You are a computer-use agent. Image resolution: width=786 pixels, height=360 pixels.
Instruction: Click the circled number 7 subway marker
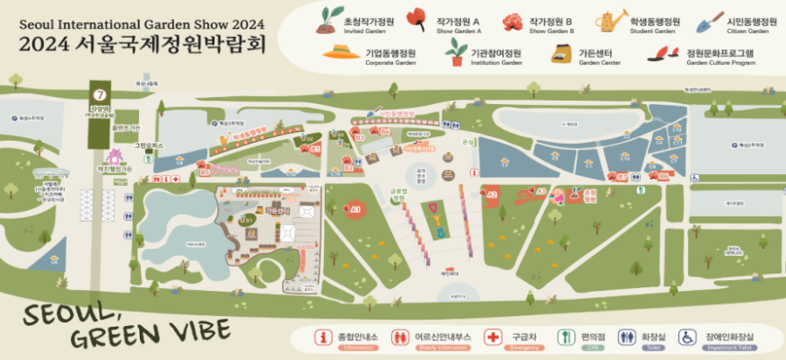[x=100, y=93]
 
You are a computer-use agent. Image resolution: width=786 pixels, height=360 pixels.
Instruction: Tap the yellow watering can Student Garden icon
[x=613, y=20]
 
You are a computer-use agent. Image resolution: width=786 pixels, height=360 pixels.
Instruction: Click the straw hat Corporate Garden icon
[x=341, y=55]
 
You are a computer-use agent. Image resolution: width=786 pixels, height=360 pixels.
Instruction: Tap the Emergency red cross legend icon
[x=492, y=338]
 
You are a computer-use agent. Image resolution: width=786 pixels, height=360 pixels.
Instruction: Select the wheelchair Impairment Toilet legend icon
[x=686, y=338]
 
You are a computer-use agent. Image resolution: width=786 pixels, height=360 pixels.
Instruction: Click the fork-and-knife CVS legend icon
[x=566, y=338]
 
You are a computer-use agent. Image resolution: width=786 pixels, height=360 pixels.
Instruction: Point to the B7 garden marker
[x=621, y=177]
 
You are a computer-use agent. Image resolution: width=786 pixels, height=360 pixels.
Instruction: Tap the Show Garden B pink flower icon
[x=513, y=20]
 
